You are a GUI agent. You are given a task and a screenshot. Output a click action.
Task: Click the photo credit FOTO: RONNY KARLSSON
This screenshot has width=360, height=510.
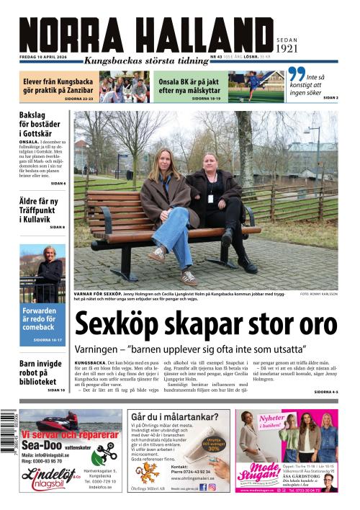[319, 294]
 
